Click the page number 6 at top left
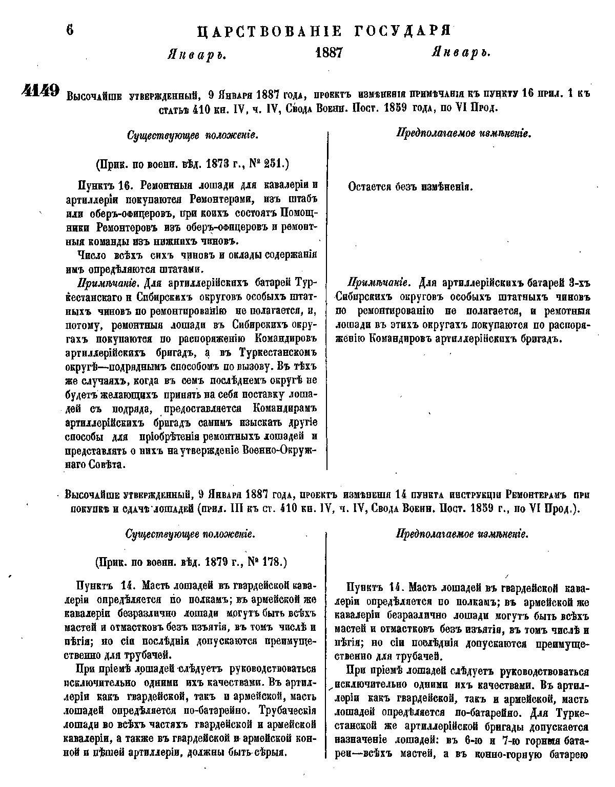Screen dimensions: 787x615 [x=70, y=29]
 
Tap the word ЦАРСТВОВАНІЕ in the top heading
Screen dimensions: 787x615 [x=270, y=31]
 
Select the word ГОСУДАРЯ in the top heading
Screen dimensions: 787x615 [x=402, y=31]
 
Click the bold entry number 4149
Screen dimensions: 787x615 [x=41, y=91]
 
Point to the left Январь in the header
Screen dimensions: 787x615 [x=197, y=54]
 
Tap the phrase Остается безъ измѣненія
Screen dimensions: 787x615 [x=410, y=187]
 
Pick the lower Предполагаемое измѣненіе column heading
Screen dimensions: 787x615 [x=462, y=534]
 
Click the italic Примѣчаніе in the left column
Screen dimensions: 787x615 [x=109, y=283]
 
